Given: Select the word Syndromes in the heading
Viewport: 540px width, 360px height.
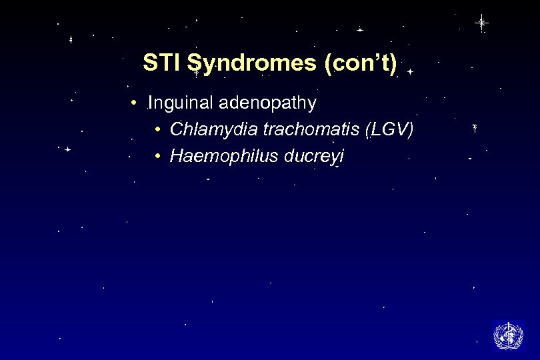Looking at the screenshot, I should tap(252, 64).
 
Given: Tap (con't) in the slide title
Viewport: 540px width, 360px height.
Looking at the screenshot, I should tap(360, 64).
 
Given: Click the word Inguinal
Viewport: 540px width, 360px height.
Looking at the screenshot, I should tap(175, 104).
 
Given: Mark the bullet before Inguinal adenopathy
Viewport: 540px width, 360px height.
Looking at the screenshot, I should tap(134, 104).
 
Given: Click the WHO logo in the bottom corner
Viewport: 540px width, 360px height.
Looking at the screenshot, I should tap(508, 335).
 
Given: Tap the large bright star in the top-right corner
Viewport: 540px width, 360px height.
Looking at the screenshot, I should tap(481, 23).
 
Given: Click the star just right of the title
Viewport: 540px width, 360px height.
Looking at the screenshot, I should tap(410, 70).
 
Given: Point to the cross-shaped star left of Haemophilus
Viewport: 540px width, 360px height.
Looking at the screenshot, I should tap(67, 150).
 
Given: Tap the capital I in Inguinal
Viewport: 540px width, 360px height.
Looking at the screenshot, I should tap(151, 104).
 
